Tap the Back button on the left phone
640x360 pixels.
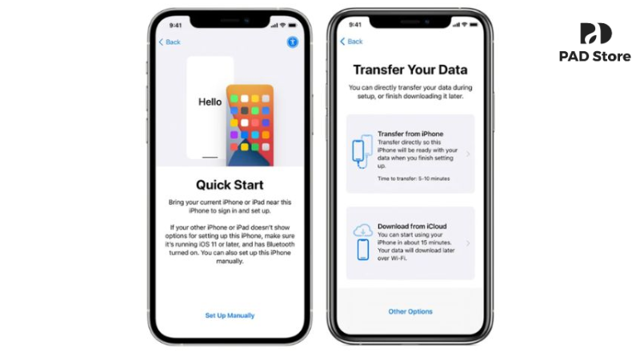pos(170,42)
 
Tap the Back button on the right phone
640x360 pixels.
pos(351,41)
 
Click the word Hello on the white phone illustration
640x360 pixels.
pos(210,102)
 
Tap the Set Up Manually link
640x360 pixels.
pos(230,316)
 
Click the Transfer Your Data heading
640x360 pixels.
pos(410,70)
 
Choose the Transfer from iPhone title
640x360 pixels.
pos(410,134)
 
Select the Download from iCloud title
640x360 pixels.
pos(412,227)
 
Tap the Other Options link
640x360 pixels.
pos(410,311)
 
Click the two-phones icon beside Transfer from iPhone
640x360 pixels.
pos(362,153)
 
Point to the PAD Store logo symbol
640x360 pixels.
pos(595,34)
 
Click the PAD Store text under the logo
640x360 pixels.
pos(595,57)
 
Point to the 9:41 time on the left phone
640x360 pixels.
pos(175,25)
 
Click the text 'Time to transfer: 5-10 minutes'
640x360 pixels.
pos(413,178)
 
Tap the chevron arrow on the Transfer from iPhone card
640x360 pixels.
pos(467,154)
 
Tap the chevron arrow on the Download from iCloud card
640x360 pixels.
pos(467,243)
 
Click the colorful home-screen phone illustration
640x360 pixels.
pos(250,124)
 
